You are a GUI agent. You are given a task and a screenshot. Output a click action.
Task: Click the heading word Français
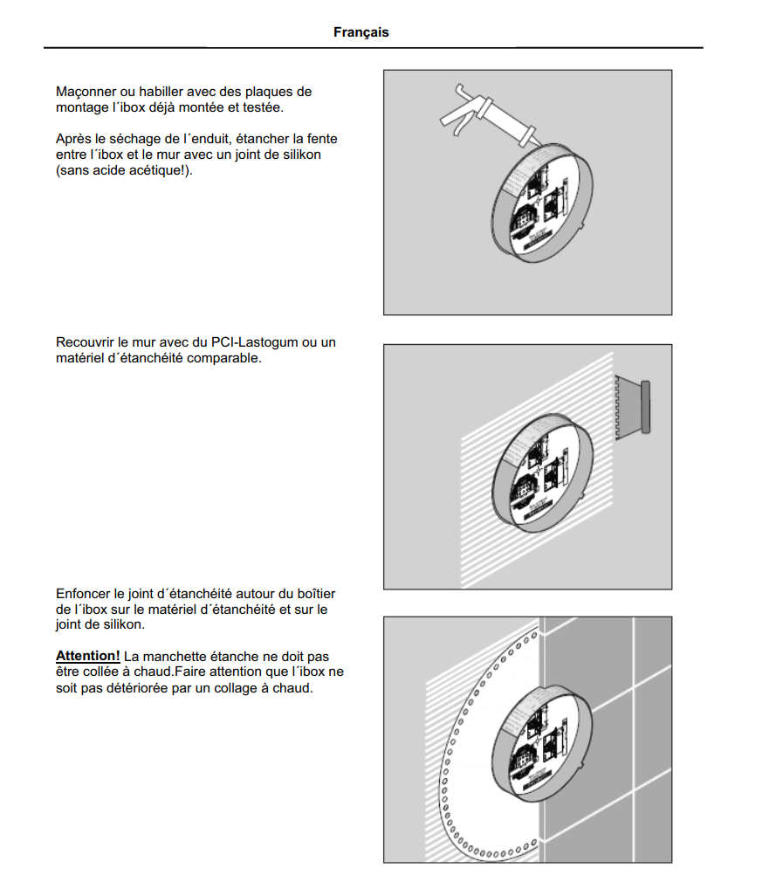(x=361, y=32)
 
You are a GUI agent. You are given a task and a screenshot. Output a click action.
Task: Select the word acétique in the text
(x=150, y=170)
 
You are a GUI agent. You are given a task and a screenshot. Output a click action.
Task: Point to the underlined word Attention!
(x=87, y=656)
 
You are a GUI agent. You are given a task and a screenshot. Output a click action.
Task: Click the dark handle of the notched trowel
(x=646, y=407)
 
